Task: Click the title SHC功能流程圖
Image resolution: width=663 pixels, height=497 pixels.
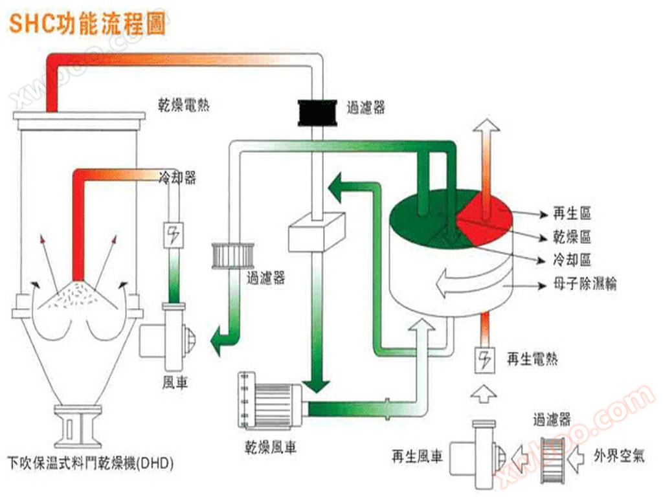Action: click(x=87, y=24)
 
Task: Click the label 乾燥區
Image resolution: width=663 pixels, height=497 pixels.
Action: click(x=572, y=237)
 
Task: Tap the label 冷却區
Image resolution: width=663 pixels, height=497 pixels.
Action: click(x=572, y=260)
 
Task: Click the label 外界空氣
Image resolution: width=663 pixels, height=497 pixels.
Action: click(x=620, y=456)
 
